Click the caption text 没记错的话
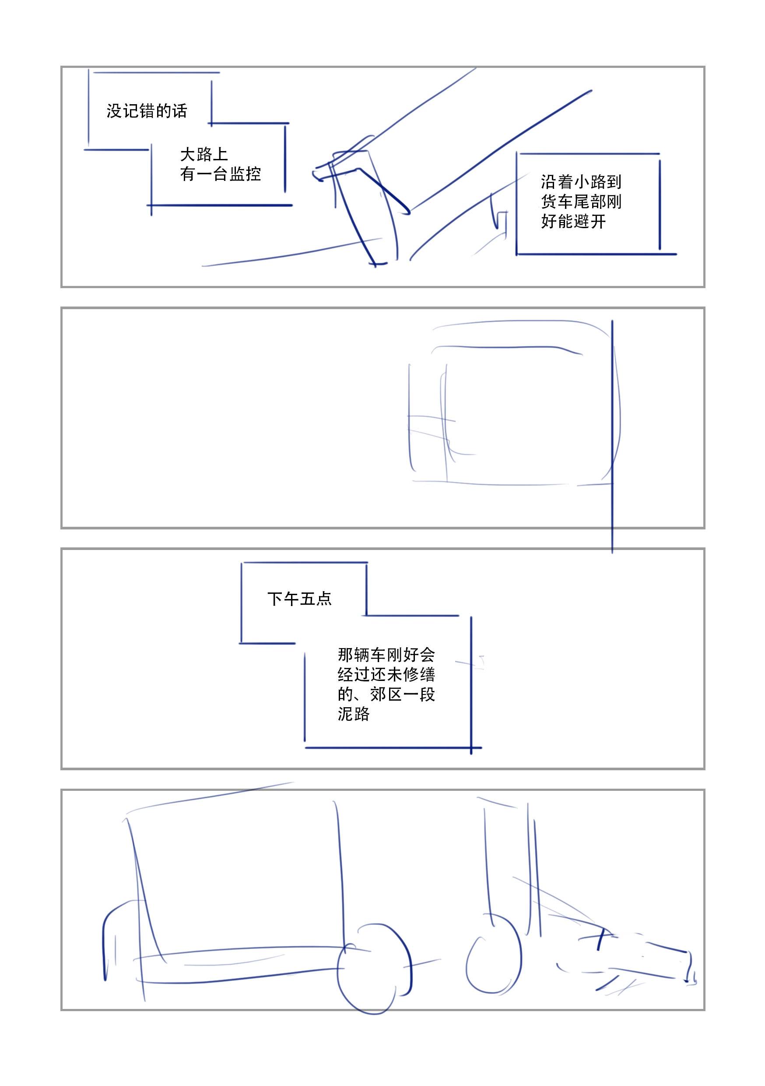[147, 111]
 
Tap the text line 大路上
[204, 155]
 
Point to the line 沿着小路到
[581, 182]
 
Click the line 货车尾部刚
[581, 201]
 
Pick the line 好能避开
[573, 222]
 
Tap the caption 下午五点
[299, 599]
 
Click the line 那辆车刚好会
[386, 655]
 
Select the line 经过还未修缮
[386, 674]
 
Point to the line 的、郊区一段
[386, 695]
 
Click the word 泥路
[354, 714]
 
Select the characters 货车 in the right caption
[557, 201]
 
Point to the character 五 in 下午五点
[307, 599]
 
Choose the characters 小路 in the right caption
[589, 182]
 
